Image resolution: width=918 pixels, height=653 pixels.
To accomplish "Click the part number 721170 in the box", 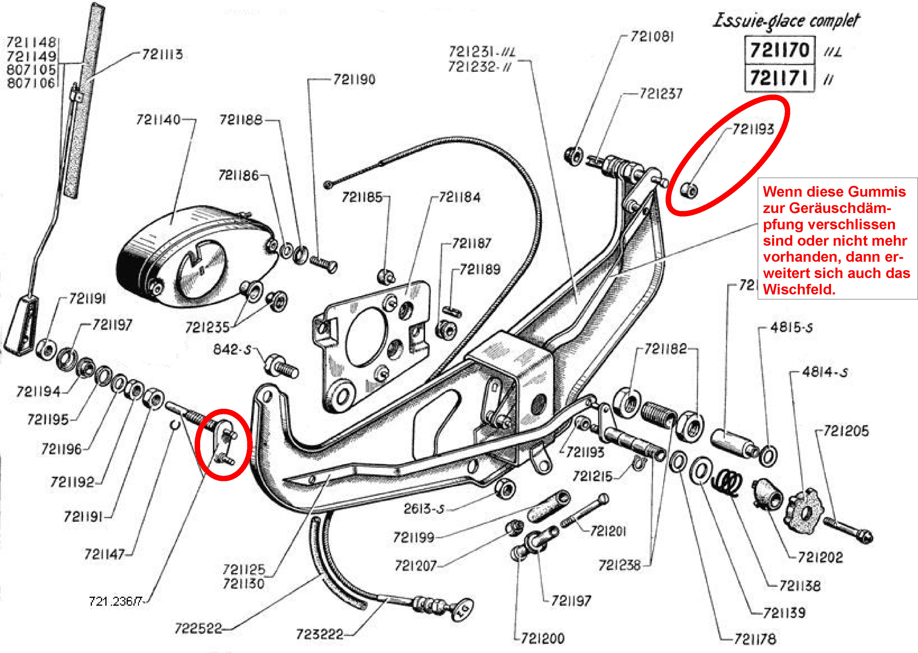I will (779, 50).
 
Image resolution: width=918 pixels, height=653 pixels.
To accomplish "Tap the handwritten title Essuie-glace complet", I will (786, 21).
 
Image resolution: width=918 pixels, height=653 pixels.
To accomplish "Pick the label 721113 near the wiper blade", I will (162, 54).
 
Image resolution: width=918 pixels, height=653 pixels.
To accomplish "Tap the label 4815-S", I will (791, 328).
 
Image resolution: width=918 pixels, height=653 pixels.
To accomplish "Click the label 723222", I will (320, 634).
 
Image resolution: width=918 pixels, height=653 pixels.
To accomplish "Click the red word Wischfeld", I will (799, 289).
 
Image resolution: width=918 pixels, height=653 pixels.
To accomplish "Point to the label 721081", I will (651, 37).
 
